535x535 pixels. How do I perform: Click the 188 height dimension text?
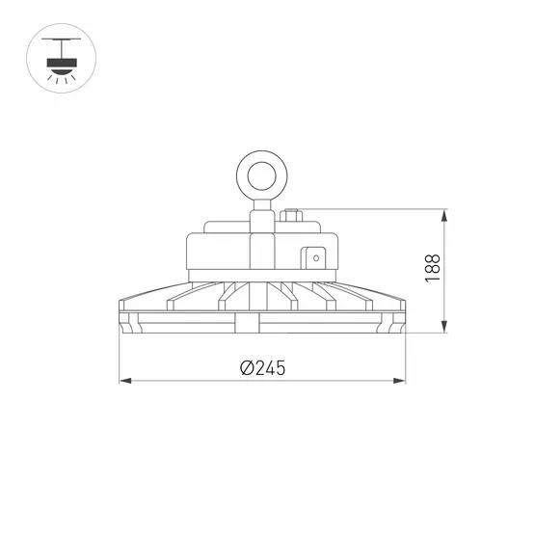tap(432, 268)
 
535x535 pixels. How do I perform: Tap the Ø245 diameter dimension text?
tap(263, 367)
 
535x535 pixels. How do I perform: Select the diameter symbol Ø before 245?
tap(246, 367)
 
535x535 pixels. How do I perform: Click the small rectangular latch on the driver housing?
tap(313, 257)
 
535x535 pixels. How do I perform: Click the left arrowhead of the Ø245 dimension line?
tap(123, 382)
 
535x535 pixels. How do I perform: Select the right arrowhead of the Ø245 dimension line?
tap(401, 382)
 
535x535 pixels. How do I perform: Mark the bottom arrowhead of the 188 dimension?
tap(444, 328)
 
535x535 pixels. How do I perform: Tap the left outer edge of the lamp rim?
tap(121, 318)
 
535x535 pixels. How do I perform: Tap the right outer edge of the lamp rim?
tap(404, 318)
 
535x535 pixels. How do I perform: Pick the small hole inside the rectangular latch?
tap(313, 257)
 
